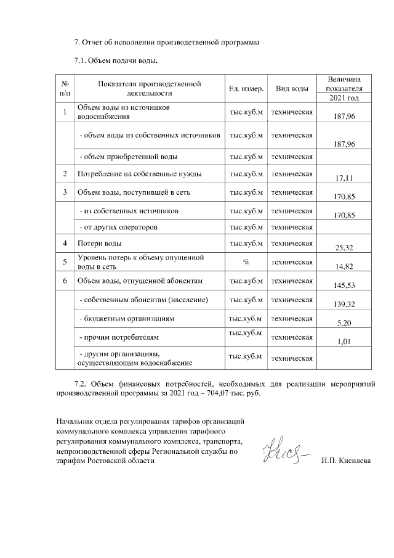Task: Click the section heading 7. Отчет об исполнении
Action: [x=166, y=43]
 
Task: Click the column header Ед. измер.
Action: [x=246, y=89]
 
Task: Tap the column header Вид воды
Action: [x=292, y=89]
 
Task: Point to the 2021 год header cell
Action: [x=344, y=97]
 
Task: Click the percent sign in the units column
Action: [x=246, y=262]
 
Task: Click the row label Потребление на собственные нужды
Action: [x=139, y=174]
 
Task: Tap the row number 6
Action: [x=65, y=282]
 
